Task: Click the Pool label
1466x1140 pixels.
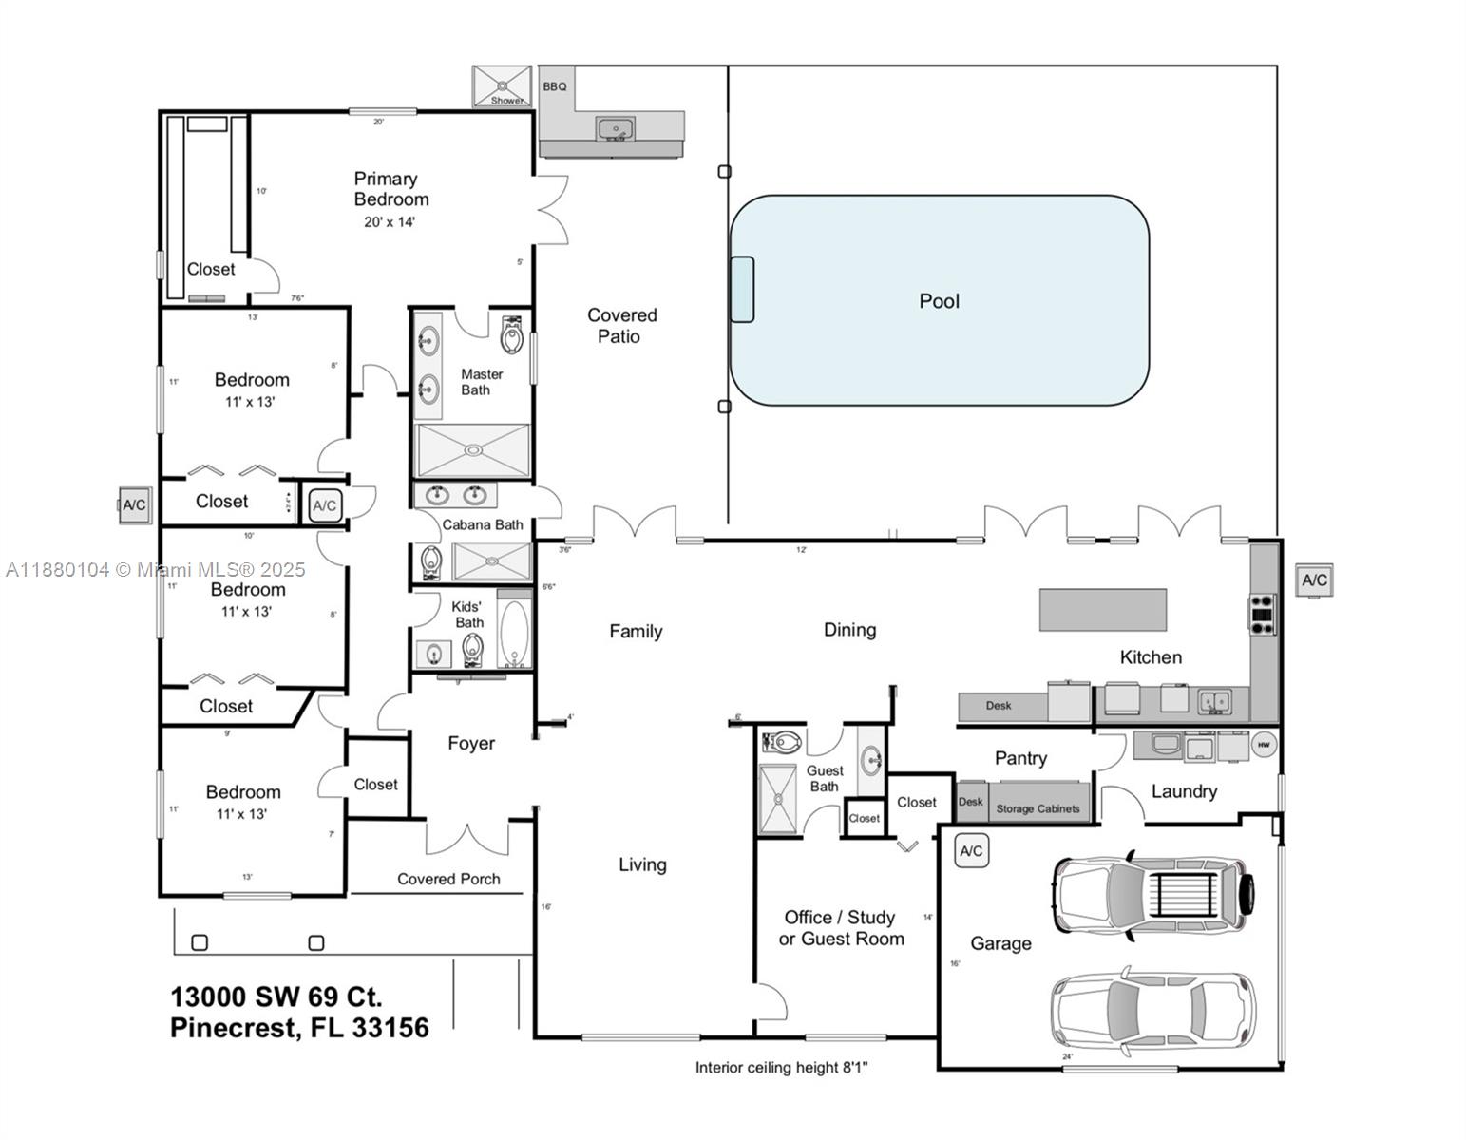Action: pos(939,301)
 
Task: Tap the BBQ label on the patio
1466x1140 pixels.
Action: pos(555,86)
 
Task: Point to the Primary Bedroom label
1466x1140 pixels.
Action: pos(390,189)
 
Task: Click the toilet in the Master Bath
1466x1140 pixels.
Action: pos(512,333)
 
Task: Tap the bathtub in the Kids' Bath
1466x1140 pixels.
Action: pos(514,634)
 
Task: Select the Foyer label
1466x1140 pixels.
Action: pos(471,744)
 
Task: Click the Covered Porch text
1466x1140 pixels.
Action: pos(448,880)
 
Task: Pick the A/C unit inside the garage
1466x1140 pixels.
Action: pos(971,851)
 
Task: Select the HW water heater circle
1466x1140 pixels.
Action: pos(1264,745)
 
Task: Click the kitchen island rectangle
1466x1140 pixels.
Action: pos(1102,610)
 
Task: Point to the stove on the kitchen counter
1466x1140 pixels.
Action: pos(1263,614)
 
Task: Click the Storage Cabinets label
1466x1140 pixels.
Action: pos(1038,809)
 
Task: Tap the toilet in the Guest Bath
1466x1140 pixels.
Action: pos(782,741)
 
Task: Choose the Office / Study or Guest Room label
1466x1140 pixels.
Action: pos(841,928)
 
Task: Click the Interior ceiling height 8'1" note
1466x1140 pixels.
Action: pos(781,1068)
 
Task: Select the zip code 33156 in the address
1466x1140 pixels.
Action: pos(390,1028)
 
